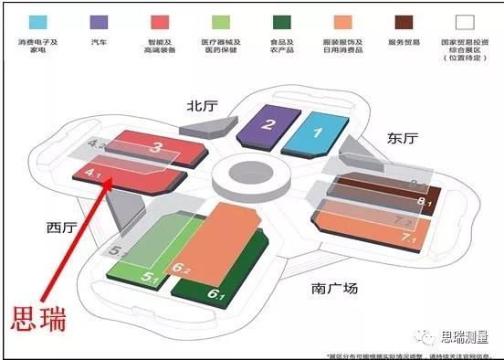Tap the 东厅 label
click(402, 139)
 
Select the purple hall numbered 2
click(268, 127)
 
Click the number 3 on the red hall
click(157, 147)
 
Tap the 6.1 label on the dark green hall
click(216, 294)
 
